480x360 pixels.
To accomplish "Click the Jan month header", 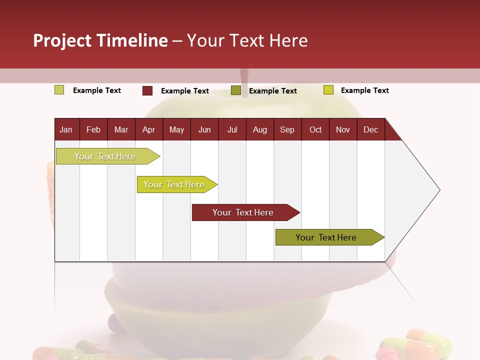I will [x=66, y=130].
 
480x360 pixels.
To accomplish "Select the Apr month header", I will [x=148, y=130].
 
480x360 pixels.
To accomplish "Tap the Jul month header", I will [x=232, y=130].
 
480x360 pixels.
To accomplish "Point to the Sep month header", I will [x=287, y=130].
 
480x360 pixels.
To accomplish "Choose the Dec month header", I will [x=370, y=130].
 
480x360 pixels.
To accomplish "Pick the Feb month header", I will [x=93, y=130].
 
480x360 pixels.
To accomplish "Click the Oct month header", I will [x=315, y=130].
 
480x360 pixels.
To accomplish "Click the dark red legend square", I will [x=147, y=90].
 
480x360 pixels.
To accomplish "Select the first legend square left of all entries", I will [x=59, y=90].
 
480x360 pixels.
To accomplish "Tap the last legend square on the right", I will [x=328, y=90].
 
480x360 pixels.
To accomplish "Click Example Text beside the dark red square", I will [x=184, y=91].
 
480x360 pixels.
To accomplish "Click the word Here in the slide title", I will [x=288, y=40].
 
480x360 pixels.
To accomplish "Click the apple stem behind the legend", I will [x=244, y=77].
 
